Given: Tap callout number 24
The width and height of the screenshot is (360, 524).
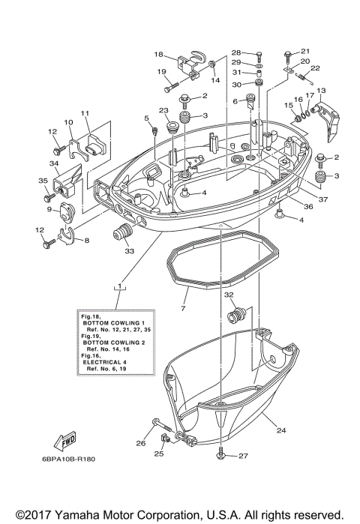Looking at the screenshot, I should point(282,430).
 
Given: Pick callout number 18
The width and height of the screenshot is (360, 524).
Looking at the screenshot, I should point(159,54).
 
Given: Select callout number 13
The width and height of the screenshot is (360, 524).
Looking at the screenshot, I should point(321,90).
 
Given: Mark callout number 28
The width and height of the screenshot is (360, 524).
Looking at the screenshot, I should point(235,52).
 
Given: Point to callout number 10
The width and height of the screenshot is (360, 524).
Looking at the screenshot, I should point(67,122).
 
